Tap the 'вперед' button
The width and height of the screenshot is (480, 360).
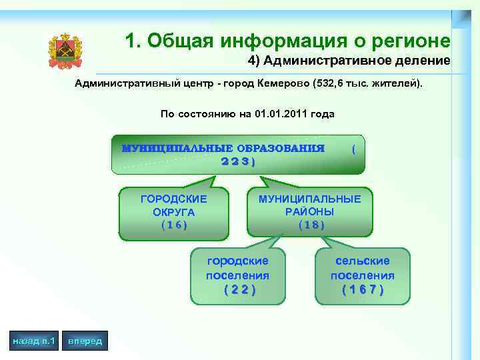coord(85,341)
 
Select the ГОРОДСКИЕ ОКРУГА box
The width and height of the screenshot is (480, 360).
coord(174,212)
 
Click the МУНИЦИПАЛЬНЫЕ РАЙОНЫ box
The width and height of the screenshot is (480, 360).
coord(310,211)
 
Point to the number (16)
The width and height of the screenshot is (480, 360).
coord(174,225)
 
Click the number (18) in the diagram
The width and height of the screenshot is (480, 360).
coord(311,225)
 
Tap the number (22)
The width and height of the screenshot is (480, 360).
coord(238,289)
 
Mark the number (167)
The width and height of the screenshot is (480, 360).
coord(363,289)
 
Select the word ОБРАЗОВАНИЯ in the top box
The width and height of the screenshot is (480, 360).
coord(281,148)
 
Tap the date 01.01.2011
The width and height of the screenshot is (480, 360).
coord(280,114)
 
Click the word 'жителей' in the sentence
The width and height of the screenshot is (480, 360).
coord(399,85)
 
